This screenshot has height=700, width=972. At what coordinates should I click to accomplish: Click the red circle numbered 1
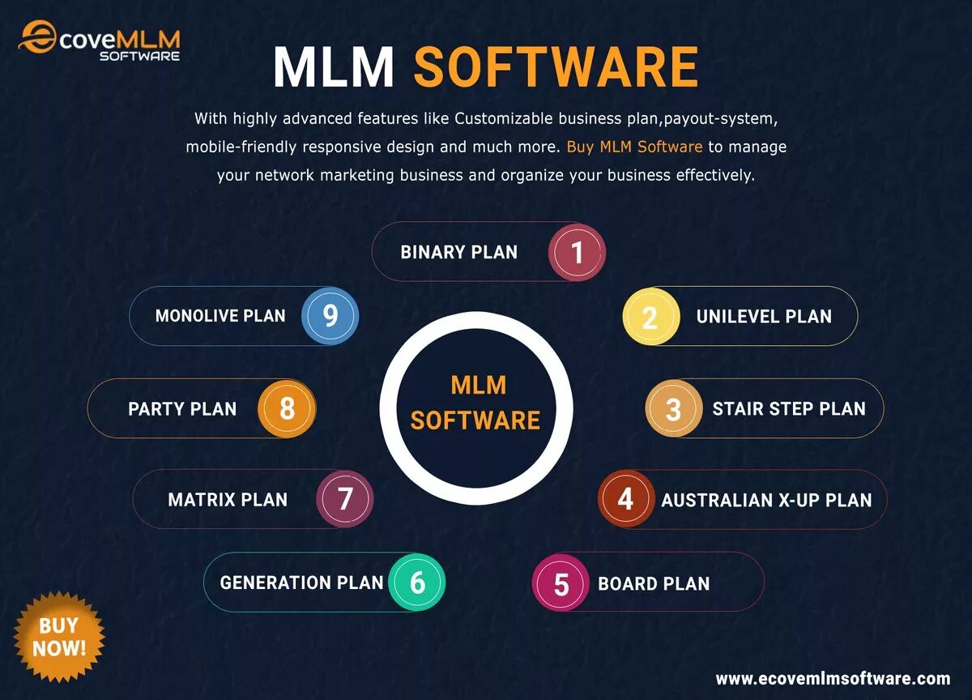(x=577, y=252)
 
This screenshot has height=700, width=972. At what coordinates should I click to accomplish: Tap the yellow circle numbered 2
(x=650, y=317)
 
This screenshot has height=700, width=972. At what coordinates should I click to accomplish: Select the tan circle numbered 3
(x=673, y=409)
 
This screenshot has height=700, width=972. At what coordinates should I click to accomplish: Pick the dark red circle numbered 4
(x=625, y=499)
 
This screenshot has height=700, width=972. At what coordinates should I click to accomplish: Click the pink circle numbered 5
(x=561, y=583)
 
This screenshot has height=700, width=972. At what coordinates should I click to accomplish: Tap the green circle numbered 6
(x=417, y=582)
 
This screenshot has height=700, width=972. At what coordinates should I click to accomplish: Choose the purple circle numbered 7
(x=345, y=498)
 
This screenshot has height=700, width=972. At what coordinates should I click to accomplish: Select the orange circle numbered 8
(x=287, y=408)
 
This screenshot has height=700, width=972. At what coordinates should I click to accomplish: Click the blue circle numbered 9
(x=330, y=315)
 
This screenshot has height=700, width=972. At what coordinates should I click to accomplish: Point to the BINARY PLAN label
(x=458, y=252)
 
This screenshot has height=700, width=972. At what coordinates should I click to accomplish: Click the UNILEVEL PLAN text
(x=764, y=317)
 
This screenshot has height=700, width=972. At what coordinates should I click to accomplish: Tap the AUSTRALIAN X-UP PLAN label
(x=766, y=500)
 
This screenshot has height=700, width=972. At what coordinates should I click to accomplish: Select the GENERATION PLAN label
(x=301, y=583)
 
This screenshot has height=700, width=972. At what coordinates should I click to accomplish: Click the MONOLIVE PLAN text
(x=220, y=316)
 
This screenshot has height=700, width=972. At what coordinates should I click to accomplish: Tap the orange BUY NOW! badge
(x=58, y=636)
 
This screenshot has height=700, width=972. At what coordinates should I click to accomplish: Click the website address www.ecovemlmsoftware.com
(x=833, y=679)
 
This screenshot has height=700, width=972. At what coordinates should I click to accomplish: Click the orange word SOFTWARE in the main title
(x=556, y=68)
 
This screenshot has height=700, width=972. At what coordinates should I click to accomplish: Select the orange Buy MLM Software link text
(x=634, y=147)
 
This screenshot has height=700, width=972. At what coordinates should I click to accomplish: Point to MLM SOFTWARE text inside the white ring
(x=475, y=402)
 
